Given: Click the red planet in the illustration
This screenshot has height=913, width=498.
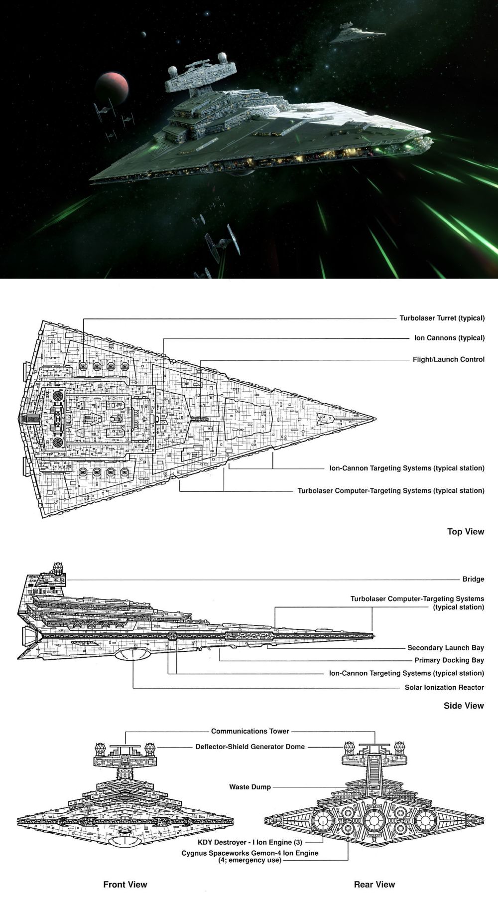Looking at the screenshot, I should (x=112, y=87).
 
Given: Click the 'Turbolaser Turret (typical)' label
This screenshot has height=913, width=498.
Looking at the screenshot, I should (x=442, y=318).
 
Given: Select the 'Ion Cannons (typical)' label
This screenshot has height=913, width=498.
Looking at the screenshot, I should (x=449, y=338).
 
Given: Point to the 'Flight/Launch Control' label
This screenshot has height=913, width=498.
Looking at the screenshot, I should (x=448, y=359).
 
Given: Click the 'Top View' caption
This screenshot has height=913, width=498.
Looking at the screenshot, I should (x=465, y=532).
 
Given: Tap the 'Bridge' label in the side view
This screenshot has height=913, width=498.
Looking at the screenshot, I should (x=473, y=579).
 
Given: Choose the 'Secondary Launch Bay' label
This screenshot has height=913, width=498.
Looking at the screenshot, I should (x=445, y=648).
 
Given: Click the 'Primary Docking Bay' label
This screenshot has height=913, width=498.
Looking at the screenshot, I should (x=449, y=660).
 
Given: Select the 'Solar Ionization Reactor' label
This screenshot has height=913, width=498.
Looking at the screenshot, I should (x=444, y=687).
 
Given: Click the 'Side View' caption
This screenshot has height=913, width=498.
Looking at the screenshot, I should (x=464, y=706).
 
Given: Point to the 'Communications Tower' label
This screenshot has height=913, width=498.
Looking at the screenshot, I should (x=250, y=731).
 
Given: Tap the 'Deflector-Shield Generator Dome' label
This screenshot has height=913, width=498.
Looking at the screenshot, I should (x=250, y=747).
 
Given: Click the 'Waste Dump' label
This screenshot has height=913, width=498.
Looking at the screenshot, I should (x=250, y=787).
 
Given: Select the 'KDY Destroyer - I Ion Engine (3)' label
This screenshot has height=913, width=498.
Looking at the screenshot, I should (x=250, y=842).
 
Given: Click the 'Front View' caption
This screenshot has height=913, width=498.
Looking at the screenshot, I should (x=125, y=885).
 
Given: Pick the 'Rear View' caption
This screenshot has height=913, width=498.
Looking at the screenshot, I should (x=374, y=885).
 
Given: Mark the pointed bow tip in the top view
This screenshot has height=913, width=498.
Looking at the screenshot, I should (x=374, y=419).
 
